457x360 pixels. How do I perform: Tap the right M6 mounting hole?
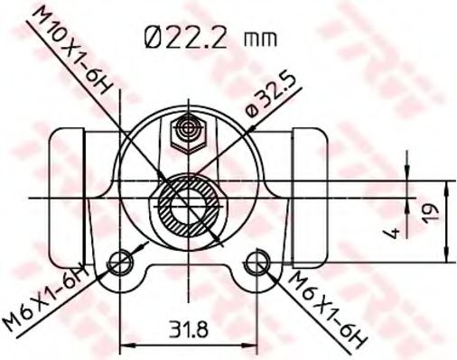tap(258, 263)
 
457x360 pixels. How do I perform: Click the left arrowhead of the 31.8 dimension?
tap(126, 344)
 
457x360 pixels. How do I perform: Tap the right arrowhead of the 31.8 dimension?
tap(252, 344)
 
